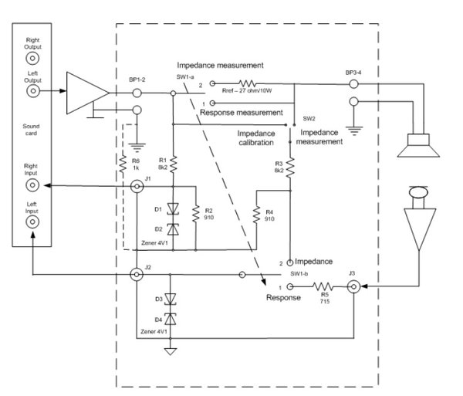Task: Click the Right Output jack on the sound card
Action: [32, 57]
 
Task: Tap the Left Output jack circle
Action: [32, 91]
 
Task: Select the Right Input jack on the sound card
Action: [32, 187]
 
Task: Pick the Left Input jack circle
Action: [32, 221]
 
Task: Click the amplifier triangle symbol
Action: [86, 92]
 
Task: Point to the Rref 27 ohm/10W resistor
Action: [249, 83]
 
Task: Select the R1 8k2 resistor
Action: [173, 163]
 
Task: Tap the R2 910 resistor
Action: [197, 212]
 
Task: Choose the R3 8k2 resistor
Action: [290, 169]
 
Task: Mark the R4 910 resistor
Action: [257, 214]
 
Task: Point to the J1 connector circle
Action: [138, 186]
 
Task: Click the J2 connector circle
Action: [137, 274]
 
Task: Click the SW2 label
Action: [309, 119]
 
